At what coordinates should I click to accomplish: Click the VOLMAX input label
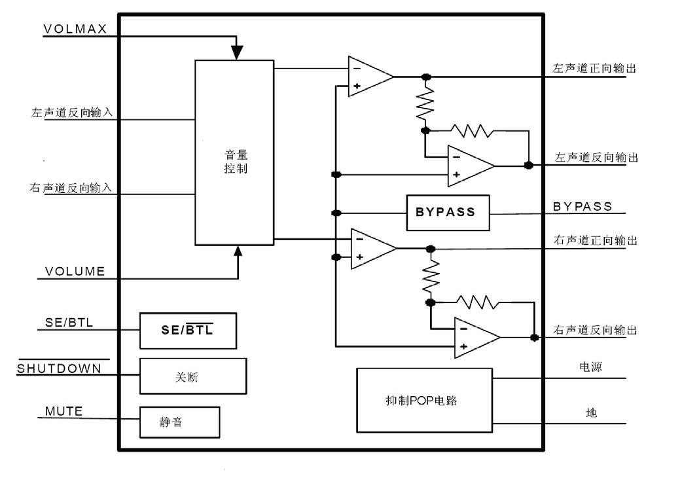[75, 29]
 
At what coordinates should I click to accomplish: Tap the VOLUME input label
[75, 272]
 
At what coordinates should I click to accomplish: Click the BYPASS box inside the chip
[448, 212]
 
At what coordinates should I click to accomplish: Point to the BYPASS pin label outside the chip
[582, 207]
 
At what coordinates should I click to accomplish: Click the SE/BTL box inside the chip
[188, 331]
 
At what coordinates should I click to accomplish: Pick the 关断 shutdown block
[193, 376]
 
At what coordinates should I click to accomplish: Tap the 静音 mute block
[179, 422]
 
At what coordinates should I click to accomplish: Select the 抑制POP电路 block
[424, 401]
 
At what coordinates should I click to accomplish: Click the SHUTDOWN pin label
[60, 369]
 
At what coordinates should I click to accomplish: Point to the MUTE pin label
[64, 412]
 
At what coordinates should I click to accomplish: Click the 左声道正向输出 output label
[595, 68]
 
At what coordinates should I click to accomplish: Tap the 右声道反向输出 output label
[595, 330]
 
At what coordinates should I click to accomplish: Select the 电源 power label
[590, 367]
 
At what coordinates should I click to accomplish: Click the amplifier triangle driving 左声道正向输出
[368, 77]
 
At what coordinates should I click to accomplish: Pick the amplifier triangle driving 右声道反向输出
[475, 338]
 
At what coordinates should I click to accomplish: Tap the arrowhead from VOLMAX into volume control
[237, 52]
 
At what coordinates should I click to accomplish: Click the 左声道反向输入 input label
[72, 113]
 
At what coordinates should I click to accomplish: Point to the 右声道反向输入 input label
[72, 188]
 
